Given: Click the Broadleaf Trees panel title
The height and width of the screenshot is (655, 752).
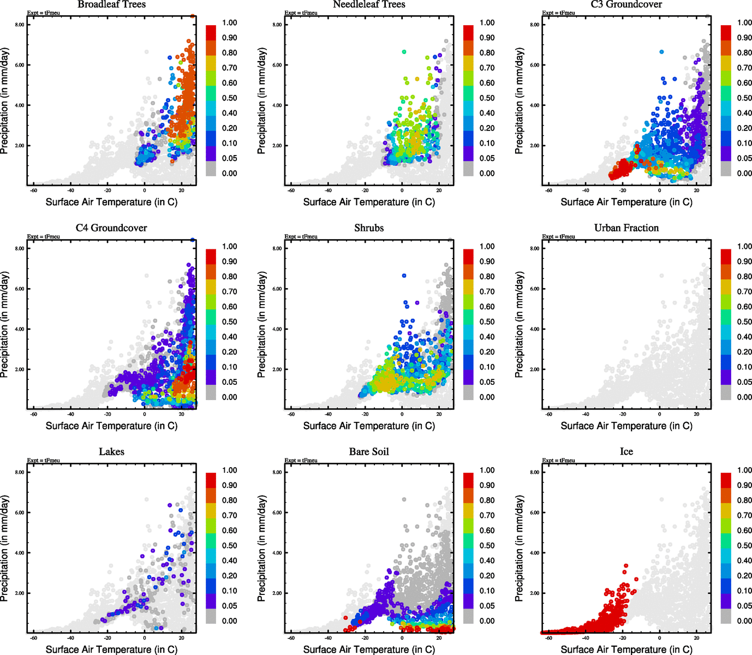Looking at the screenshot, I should [x=111, y=4].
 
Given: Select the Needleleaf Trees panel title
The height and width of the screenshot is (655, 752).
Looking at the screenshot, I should [x=369, y=4].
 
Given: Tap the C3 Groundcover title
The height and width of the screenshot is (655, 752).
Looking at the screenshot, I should [x=626, y=4].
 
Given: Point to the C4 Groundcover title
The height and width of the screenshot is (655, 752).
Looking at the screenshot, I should [x=111, y=228].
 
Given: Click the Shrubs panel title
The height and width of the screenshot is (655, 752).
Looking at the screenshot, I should [x=369, y=228].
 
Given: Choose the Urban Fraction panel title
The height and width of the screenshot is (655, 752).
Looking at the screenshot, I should [x=626, y=228].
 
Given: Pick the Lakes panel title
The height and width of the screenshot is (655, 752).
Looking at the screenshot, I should [x=111, y=452].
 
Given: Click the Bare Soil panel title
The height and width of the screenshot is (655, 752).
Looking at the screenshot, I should [x=369, y=452].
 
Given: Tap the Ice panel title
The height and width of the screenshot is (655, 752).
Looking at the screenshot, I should [x=626, y=452].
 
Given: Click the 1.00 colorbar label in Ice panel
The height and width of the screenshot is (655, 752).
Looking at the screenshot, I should [x=744, y=470].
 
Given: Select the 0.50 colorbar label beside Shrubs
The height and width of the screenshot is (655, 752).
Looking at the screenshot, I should [x=487, y=321].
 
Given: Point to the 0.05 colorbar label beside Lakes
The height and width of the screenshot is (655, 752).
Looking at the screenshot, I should [x=229, y=605].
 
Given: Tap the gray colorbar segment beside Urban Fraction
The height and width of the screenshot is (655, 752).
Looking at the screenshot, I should [x=726, y=392].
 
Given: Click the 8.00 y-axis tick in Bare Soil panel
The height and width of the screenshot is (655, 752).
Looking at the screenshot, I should [x=277, y=472].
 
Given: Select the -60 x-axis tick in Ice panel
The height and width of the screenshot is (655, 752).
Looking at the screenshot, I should [x=548, y=638].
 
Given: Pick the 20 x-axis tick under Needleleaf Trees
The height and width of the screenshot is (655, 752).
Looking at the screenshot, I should [x=439, y=190].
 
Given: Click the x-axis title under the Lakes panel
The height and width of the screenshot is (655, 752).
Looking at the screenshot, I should [x=111, y=650].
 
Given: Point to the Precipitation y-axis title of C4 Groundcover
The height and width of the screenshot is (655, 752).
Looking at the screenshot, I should [x=5, y=325].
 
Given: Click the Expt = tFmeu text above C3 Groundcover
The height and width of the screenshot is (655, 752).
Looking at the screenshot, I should [x=558, y=13].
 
